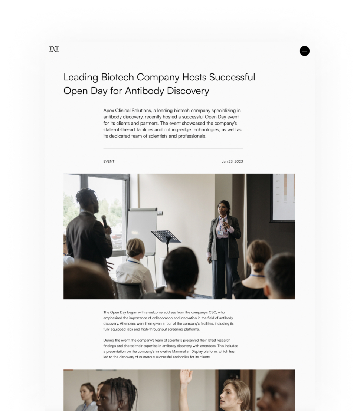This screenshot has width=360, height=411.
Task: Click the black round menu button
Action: click(304, 51)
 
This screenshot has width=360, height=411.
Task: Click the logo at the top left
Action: click(54, 49)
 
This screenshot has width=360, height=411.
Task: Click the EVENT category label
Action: click(109, 162)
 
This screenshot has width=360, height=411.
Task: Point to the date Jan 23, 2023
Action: click(232, 162)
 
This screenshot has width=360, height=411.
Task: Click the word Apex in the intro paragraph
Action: click(108, 111)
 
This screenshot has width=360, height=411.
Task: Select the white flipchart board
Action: click(142, 230)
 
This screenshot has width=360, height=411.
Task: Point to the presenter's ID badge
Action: click(220, 233)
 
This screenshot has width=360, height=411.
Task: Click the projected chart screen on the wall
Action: click(283, 197)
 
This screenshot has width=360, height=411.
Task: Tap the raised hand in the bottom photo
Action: click(186, 377)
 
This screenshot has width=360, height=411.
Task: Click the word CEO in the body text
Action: click(212, 312)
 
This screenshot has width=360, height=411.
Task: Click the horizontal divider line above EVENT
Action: click(173, 149)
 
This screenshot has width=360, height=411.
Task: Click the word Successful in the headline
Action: click(232, 77)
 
